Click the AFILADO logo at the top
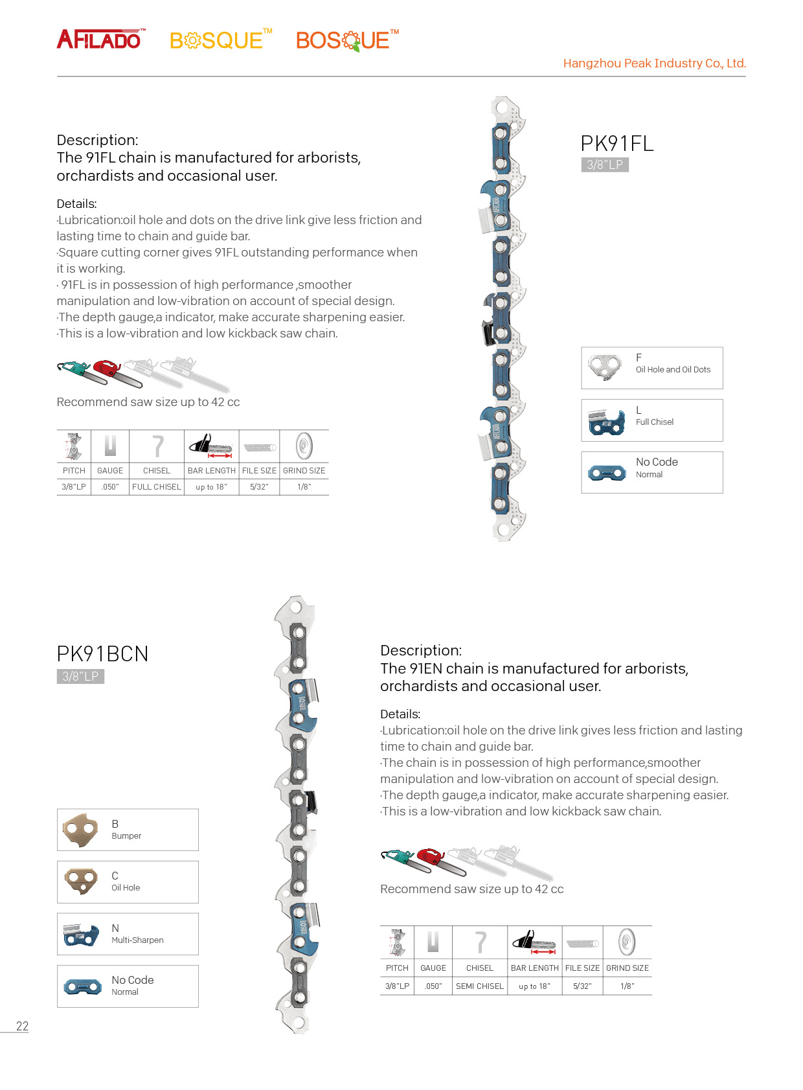click(x=100, y=40)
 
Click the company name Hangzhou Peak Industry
click(x=654, y=63)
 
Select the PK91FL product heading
click(x=616, y=143)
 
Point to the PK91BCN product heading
click(x=102, y=653)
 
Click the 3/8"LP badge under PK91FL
click(x=605, y=165)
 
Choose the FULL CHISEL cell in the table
click(x=157, y=487)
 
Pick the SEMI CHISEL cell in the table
click(x=479, y=986)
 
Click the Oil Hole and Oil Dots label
click(x=673, y=370)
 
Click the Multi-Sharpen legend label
click(x=137, y=940)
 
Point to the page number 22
click(x=22, y=1027)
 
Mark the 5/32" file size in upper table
click(x=259, y=487)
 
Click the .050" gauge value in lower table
click(x=433, y=986)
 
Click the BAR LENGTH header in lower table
click(x=534, y=968)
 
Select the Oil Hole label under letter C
click(x=126, y=888)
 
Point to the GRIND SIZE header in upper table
click(x=304, y=471)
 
